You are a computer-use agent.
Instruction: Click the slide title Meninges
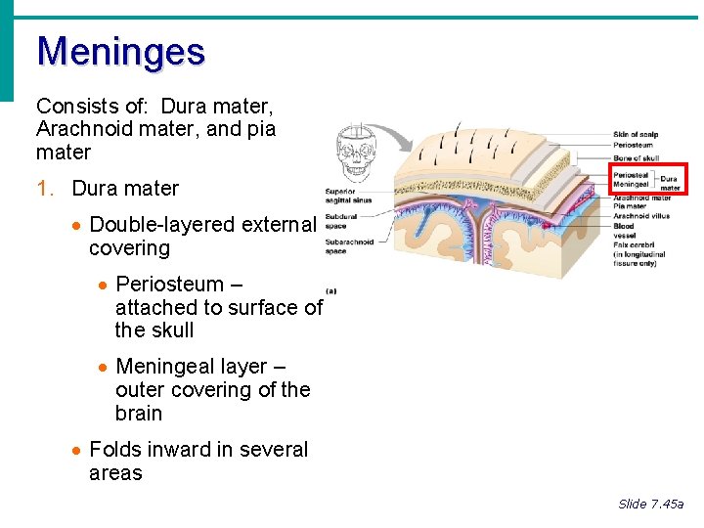tap(120, 51)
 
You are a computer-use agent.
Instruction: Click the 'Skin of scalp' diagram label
tap(636, 134)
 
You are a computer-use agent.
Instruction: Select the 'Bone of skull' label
tap(636, 156)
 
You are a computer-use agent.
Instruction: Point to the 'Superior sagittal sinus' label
tap(347, 196)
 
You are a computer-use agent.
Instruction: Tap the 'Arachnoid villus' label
tap(642, 216)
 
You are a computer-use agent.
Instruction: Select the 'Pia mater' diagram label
tap(630, 206)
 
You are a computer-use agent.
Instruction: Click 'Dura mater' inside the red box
tap(670, 183)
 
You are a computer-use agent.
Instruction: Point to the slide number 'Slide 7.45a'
tap(650, 504)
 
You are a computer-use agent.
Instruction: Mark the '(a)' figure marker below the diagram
tap(330, 290)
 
